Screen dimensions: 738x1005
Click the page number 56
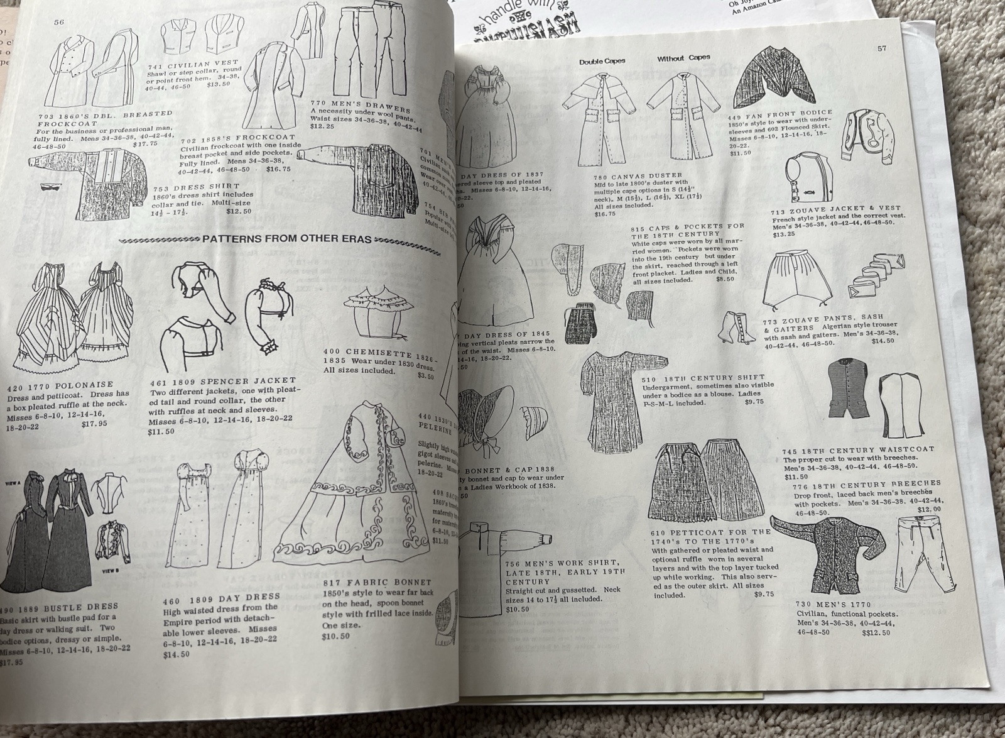[x=59, y=22]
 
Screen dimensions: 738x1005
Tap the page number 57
[x=882, y=48]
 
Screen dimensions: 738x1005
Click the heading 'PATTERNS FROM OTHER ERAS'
[x=287, y=239]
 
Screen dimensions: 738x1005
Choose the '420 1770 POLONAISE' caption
[x=61, y=384]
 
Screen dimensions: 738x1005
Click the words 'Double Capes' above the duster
[x=602, y=62]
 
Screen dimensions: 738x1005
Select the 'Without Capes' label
[x=683, y=58]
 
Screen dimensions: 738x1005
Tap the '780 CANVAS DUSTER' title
[x=637, y=177]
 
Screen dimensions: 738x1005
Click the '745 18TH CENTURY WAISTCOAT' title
[x=858, y=450]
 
